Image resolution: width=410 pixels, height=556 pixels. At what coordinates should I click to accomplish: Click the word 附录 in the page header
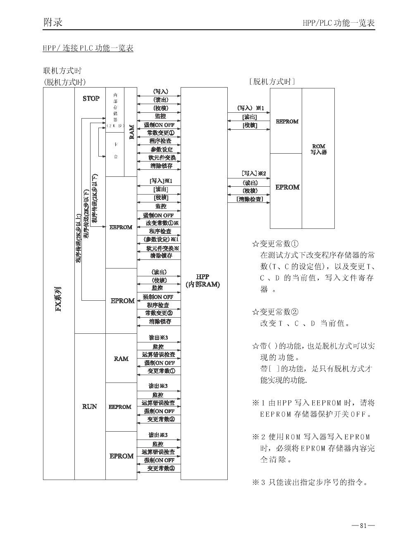[53, 22]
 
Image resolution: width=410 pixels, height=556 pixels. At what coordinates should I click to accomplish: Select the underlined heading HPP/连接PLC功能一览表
[88, 48]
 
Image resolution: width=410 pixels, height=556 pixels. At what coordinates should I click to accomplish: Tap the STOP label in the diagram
[91, 98]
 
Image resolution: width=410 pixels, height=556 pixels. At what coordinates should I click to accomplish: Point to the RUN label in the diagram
[89, 406]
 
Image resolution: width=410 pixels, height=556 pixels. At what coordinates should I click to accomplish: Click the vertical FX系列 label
[59, 299]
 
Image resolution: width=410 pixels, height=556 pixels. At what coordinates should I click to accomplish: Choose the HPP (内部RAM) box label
[203, 280]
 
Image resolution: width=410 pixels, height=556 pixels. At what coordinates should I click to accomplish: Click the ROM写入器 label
[318, 149]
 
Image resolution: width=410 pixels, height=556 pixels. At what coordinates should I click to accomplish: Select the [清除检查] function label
[250, 199]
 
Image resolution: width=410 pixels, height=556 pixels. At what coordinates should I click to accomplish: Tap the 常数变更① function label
[159, 133]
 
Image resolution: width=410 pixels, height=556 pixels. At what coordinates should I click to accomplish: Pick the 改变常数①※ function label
[162, 223]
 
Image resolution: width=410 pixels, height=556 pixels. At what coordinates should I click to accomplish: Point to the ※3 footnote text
[310, 482]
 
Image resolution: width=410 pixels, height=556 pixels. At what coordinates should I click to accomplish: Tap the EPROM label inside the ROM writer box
[287, 187]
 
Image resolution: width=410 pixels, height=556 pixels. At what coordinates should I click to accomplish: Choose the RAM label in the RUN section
[121, 359]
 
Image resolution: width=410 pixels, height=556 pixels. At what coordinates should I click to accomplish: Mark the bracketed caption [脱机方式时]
[272, 81]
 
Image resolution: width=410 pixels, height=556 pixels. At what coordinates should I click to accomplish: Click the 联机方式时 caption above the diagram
[62, 71]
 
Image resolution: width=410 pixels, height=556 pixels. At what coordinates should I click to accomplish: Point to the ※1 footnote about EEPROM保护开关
[313, 408]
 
